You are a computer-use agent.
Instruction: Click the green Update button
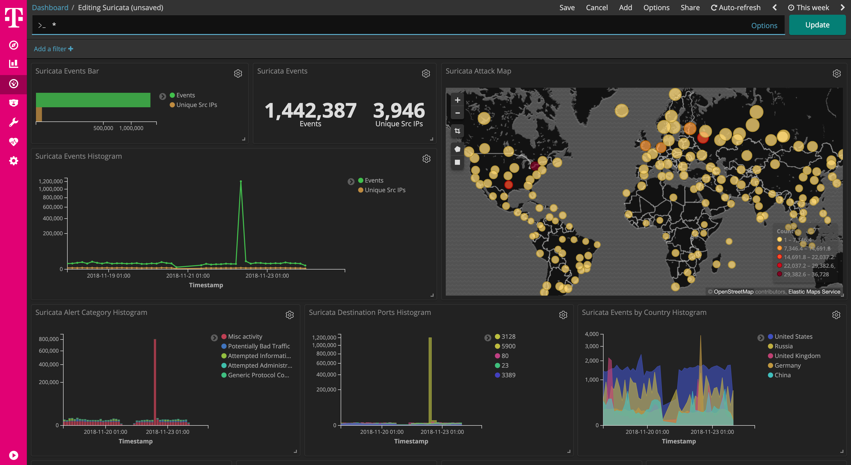(x=817, y=25)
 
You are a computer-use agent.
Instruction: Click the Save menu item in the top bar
(x=567, y=8)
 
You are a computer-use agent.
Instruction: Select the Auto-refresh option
(x=736, y=8)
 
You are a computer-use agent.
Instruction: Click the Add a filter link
(x=53, y=49)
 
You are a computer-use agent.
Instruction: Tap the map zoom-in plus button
(x=457, y=100)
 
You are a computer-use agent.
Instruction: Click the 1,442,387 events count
(x=310, y=111)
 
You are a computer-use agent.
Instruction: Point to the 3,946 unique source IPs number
(x=399, y=111)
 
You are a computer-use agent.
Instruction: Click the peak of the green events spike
(x=241, y=181)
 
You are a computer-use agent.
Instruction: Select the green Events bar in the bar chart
(x=93, y=100)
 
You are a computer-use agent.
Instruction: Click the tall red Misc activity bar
(x=155, y=380)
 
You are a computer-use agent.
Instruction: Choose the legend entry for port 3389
(x=508, y=375)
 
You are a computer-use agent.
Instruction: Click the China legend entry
(x=782, y=375)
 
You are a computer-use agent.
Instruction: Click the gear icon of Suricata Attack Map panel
(x=837, y=74)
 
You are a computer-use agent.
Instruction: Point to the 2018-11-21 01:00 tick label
(x=188, y=276)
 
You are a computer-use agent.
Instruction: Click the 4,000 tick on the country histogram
(x=592, y=334)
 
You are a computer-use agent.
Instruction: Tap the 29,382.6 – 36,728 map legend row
(x=806, y=274)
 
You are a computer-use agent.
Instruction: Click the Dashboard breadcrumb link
(x=50, y=8)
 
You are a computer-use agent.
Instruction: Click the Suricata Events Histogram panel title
(x=79, y=156)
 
